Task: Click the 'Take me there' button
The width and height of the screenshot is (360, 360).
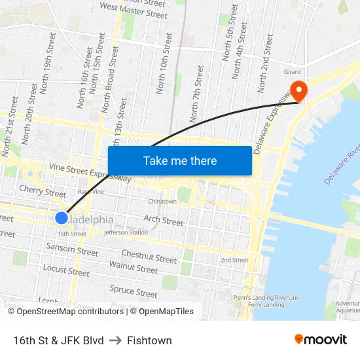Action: pyautogui.click(x=180, y=160)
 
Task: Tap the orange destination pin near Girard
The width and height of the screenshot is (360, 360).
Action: pyautogui.click(x=298, y=91)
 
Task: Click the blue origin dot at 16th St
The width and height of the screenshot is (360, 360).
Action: pyautogui.click(x=62, y=218)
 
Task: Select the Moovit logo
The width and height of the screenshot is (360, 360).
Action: pyautogui.click(x=320, y=340)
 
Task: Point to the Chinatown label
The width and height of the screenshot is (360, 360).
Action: pyautogui.click(x=162, y=202)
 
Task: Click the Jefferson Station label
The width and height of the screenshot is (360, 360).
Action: pyautogui.click(x=126, y=232)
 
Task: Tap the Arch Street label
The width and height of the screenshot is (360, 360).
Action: pyautogui.click(x=164, y=221)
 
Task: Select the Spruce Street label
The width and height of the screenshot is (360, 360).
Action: pyautogui.click(x=134, y=290)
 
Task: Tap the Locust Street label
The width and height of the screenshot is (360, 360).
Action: pyautogui.click(x=66, y=270)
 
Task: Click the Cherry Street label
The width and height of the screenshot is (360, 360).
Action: pyautogui.click(x=43, y=191)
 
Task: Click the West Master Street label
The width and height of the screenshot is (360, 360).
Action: pyautogui.click(x=134, y=10)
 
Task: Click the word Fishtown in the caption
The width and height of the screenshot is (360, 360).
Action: pyautogui.click(x=149, y=340)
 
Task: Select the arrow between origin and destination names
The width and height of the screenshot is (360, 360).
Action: pyautogui.click(x=115, y=340)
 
